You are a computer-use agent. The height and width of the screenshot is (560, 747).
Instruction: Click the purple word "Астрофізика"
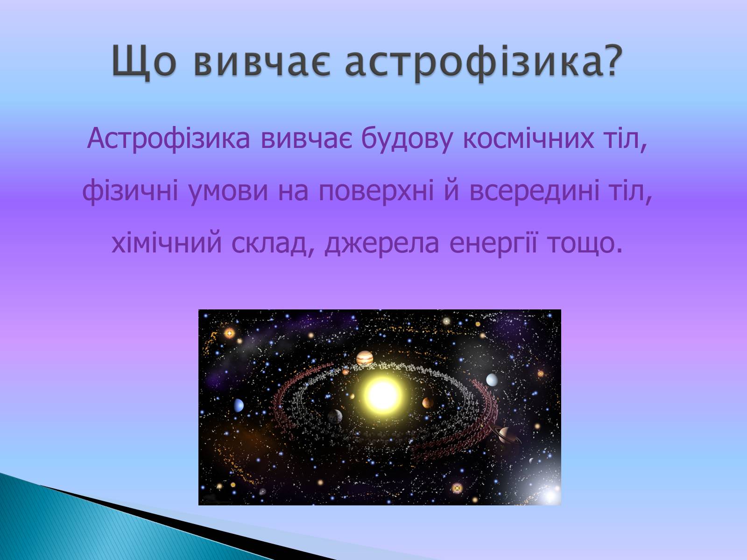point(169,139)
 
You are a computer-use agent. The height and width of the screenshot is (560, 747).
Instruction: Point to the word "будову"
point(407,139)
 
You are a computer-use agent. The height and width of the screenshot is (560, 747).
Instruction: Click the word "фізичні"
point(130,191)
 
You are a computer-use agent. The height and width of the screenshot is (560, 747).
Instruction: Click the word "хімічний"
point(167,244)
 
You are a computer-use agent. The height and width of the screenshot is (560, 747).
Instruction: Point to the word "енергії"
point(493,244)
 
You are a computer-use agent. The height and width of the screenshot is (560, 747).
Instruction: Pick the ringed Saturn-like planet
point(506,435)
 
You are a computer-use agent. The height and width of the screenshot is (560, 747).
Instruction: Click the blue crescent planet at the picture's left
point(239,405)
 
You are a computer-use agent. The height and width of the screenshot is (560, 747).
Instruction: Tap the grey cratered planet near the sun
point(335,416)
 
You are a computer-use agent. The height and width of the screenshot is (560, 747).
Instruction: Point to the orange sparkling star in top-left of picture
point(230,333)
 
